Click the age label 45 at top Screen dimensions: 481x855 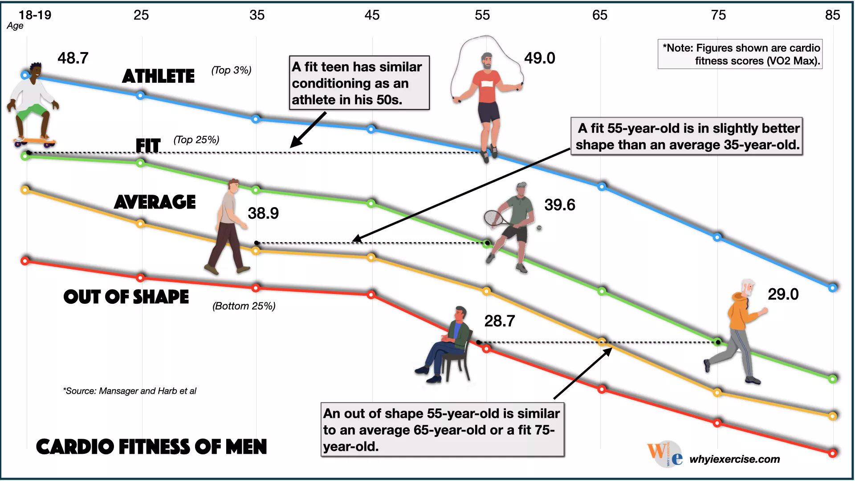(x=372, y=15)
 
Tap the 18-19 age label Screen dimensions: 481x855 (x=35, y=15)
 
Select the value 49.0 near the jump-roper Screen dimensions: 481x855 (x=539, y=58)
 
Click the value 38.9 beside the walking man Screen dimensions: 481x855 (x=263, y=213)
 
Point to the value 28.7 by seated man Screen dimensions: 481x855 (x=499, y=321)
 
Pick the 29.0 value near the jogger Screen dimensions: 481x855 (x=783, y=294)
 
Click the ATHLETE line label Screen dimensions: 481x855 (x=159, y=77)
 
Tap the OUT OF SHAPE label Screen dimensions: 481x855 (x=126, y=297)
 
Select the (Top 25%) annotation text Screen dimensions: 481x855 (x=196, y=140)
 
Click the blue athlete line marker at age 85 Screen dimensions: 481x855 (x=832, y=288)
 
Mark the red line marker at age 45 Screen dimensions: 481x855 (x=371, y=295)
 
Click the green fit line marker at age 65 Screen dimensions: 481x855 (x=602, y=291)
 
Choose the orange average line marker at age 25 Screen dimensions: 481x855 (x=140, y=224)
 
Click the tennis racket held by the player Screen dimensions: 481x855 (x=493, y=218)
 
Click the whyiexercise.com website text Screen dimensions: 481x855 (x=734, y=459)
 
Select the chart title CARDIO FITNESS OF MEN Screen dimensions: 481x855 (x=151, y=447)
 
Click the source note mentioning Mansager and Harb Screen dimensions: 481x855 (x=130, y=391)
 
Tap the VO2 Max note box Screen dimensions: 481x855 (x=740, y=54)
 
